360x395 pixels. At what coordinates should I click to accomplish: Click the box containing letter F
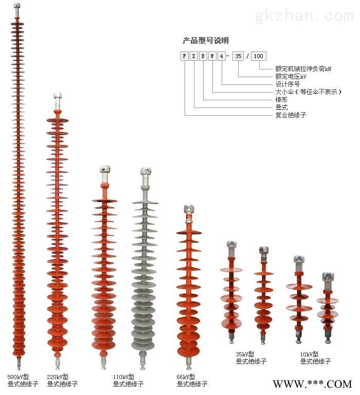click(x=185, y=56)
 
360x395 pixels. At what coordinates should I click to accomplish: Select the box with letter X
click(x=193, y=56)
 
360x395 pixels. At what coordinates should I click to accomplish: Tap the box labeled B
click(x=203, y=56)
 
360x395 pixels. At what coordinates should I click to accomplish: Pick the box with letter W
click(x=212, y=56)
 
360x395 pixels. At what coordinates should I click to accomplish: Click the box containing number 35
click(x=238, y=56)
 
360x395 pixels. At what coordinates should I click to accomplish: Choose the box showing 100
click(x=259, y=56)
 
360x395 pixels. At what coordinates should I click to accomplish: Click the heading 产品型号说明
click(x=206, y=40)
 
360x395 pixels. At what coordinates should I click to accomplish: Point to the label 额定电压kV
click(x=291, y=76)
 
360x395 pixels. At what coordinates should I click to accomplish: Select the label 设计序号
click(x=287, y=84)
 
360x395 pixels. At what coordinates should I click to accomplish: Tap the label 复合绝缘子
click(x=291, y=115)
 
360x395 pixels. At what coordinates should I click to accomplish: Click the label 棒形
click(x=281, y=99)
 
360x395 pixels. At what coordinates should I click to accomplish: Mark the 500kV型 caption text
click(x=18, y=377)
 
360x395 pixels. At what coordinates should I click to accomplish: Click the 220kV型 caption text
click(x=58, y=377)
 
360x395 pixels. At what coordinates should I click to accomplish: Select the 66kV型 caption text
click(x=186, y=377)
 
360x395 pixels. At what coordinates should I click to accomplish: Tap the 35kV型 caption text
click(x=245, y=354)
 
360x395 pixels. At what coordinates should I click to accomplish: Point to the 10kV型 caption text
click(x=309, y=354)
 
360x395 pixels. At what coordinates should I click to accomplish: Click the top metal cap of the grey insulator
click(x=146, y=172)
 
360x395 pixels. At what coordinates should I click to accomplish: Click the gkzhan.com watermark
click(x=304, y=15)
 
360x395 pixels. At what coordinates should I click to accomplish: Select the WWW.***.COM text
click(x=312, y=384)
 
